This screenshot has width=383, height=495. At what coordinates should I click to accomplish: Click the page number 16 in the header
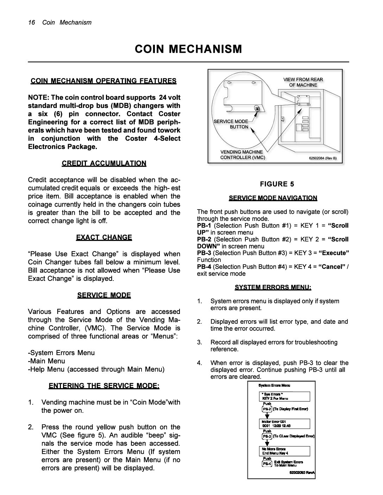tap(32, 22)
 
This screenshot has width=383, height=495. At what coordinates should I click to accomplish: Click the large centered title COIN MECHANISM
tap(188, 49)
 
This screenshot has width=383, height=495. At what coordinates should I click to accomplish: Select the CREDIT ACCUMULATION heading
tap(104, 163)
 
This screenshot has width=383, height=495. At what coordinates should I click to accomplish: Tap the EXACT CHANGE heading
tap(104, 237)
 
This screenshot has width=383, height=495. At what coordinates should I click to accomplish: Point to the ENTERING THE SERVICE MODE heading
tap(104, 386)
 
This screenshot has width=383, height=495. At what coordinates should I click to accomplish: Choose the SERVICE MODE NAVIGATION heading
tap(273, 198)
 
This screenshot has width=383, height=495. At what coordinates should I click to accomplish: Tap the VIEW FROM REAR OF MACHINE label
tap(303, 82)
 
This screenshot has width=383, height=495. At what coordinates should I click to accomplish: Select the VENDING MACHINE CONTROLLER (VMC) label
tap(242, 154)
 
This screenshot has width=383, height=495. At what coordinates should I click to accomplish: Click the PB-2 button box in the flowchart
tap(267, 409)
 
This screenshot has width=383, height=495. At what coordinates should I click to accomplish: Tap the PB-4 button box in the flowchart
tap(267, 464)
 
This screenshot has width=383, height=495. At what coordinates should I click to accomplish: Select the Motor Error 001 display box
tap(285, 424)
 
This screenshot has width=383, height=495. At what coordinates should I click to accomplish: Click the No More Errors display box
tap(285, 451)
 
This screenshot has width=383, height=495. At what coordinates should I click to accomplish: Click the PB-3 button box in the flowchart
tap(267, 436)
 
